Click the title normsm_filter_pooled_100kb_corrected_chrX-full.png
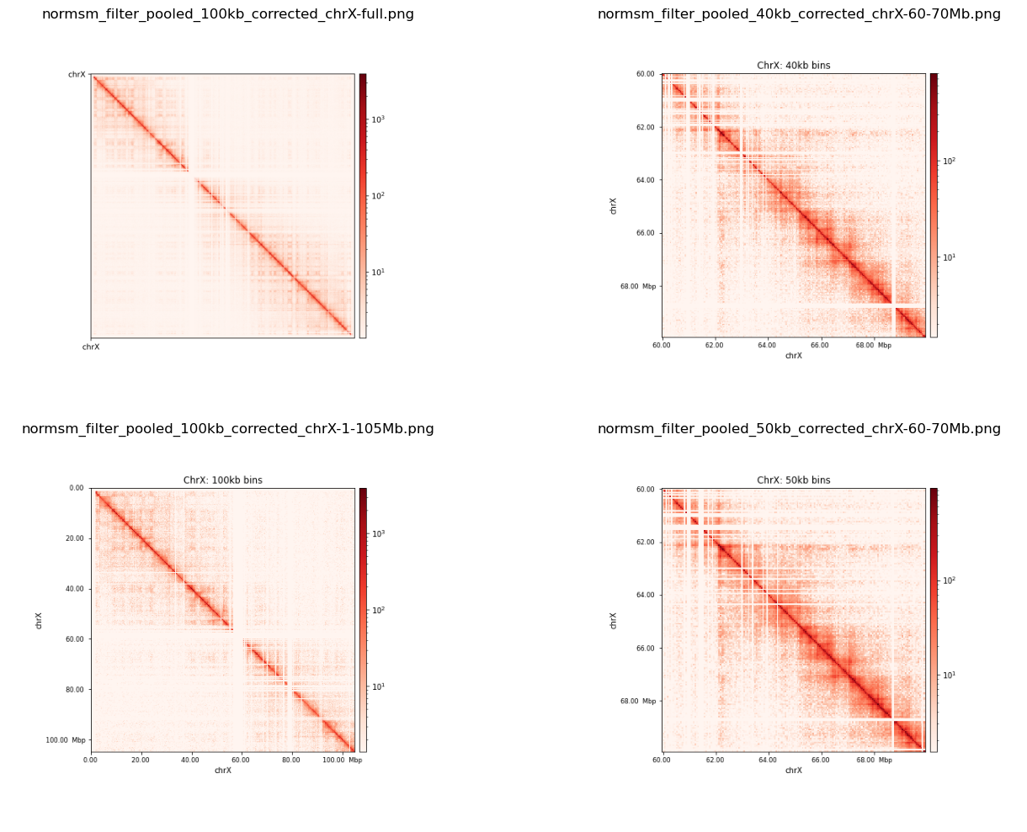click(227, 14)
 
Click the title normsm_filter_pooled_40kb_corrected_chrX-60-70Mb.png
click(799, 14)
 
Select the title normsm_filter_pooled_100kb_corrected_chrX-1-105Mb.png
click(227, 429)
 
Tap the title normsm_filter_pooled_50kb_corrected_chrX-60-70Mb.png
click(799, 429)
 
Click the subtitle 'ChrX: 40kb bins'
click(793, 66)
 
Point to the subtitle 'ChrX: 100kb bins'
click(222, 480)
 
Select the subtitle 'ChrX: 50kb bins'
click(793, 480)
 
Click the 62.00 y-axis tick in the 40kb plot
click(645, 127)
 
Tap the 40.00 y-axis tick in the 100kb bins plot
click(74, 589)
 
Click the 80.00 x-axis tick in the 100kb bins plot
click(291, 760)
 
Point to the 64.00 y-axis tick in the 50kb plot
click(645, 595)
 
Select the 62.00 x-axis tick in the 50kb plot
click(715, 760)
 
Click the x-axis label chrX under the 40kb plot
click(793, 356)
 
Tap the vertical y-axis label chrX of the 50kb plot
click(614, 620)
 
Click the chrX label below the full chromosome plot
click(90, 347)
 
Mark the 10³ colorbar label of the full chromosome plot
click(378, 119)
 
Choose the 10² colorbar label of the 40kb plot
click(949, 161)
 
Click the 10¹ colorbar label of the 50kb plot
click(949, 675)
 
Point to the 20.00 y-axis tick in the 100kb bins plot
click(74, 538)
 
